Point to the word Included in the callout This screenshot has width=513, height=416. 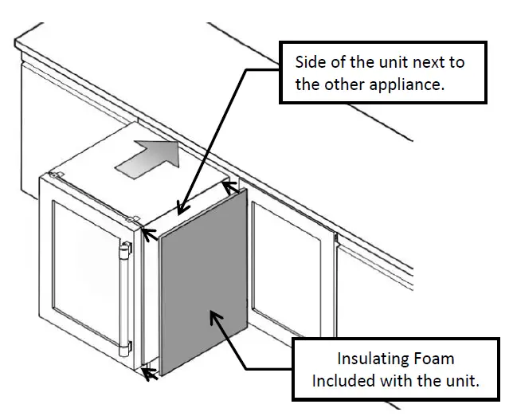[347, 380]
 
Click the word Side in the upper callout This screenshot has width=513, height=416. [311, 62]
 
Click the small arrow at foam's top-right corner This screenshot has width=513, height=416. [230, 187]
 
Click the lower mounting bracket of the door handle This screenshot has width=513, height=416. [126, 348]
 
